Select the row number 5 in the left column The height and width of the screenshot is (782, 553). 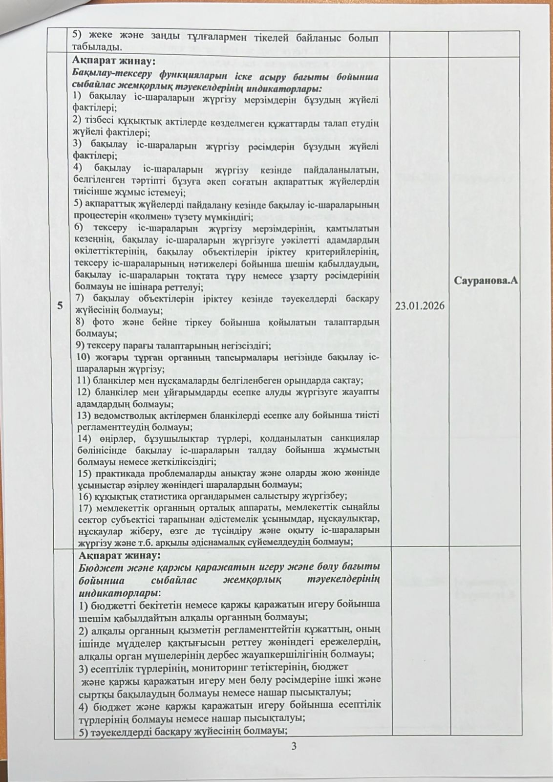(x=60, y=306)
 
